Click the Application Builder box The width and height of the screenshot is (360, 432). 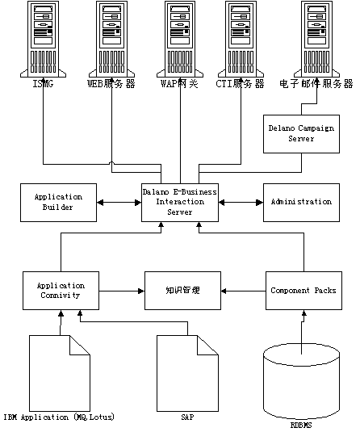58,203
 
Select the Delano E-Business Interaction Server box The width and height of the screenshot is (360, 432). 180,203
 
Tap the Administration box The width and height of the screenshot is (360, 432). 301,203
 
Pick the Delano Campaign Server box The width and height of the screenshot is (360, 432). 301,134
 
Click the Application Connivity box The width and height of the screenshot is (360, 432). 61,291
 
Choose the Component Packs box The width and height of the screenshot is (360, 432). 303,291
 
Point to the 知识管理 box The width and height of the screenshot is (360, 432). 182,291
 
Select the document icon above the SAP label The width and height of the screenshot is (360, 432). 187,373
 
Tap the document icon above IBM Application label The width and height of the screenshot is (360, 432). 60,373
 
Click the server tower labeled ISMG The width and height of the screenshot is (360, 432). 44,39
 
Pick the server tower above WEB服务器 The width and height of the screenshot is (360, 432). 111,39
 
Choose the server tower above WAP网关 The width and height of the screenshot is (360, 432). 180,39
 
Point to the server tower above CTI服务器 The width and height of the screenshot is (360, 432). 241,39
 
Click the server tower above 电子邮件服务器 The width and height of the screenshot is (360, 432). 316,39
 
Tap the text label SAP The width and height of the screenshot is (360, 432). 187,417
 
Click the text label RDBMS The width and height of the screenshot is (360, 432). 301,426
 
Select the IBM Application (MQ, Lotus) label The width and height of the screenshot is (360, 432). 59,417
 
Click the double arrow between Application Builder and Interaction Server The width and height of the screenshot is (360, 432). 119,203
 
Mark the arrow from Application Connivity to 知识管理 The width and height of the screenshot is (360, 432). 122,291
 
